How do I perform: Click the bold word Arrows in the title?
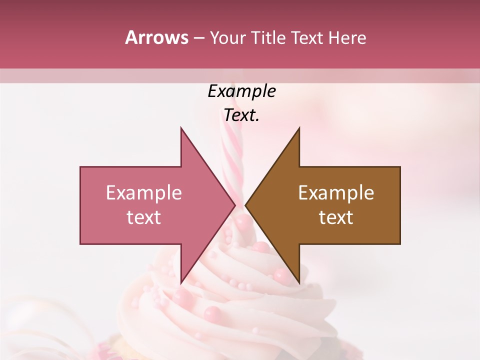[156, 37]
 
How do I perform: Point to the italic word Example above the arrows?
[241, 91]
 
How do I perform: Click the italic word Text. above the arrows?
[241, 115]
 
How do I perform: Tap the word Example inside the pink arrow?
[143, 193]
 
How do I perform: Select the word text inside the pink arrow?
[143, 217]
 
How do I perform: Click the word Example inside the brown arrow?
[336, 193]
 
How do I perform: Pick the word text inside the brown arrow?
[336, 217]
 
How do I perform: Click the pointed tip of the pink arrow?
[235, 205]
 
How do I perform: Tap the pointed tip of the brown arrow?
[245, 205]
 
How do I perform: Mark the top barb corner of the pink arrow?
[181, 128]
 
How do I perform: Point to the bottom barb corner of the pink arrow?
[181, 282]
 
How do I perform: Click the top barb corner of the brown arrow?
[299, 128]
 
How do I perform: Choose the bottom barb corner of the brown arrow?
[299, 282]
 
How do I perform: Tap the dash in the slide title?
[198, 38]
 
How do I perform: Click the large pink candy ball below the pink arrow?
[212, 314]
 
